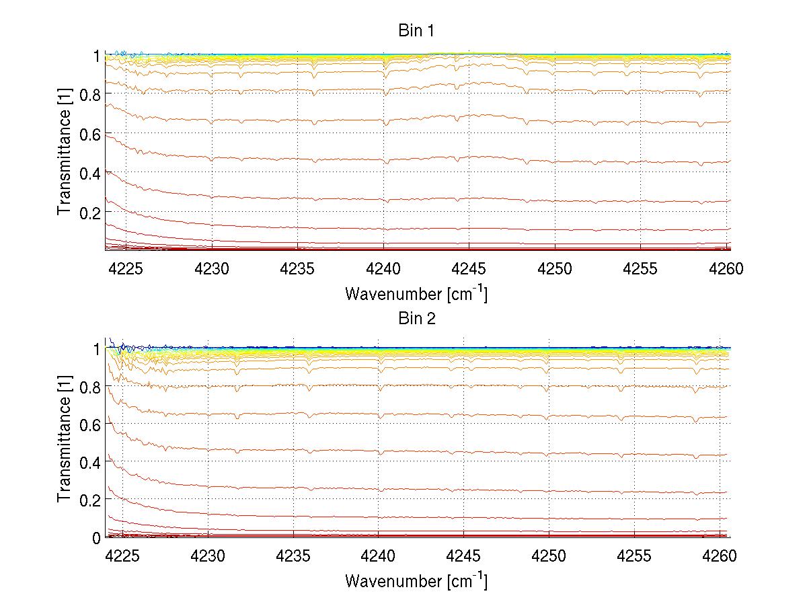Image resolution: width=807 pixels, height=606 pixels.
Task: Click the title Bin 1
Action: click(417, 32)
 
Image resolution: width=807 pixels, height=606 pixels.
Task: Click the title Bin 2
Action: click(417, 318)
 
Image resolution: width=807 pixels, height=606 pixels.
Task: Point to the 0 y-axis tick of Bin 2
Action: click(97, 537)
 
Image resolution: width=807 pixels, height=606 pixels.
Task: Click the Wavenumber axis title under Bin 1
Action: click(416, 293)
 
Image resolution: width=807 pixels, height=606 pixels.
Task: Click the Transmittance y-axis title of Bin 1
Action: click(65, 153)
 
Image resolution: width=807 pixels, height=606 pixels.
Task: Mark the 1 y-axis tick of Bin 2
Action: click(97, 348)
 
